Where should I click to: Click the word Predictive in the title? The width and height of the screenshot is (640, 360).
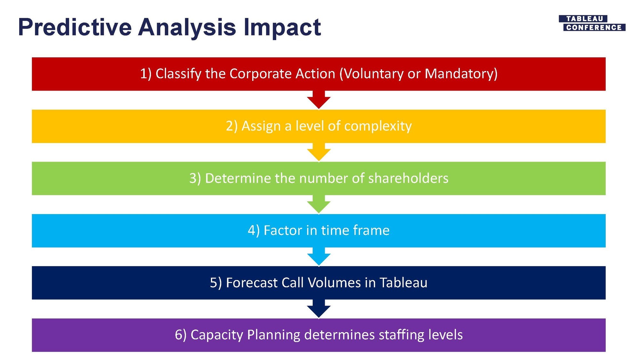click(75, 27)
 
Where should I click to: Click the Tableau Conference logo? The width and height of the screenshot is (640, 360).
click(592, 23)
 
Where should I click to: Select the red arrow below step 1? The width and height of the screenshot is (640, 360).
click(319, 100)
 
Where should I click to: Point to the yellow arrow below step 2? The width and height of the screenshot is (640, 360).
click(319, 152)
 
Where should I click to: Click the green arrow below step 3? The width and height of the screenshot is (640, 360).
click(319, 204)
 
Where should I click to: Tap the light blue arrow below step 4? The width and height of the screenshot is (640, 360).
click(319, 256)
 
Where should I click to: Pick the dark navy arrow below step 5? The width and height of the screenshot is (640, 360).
click(319, 308)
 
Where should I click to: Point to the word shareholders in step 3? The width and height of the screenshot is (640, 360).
click(408, 178)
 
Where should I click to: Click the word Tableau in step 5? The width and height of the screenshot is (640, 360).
click(404, 283)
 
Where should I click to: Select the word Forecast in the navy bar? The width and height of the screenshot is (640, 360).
click(252, 283)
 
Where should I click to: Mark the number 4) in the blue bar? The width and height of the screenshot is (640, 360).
click(254, 231)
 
